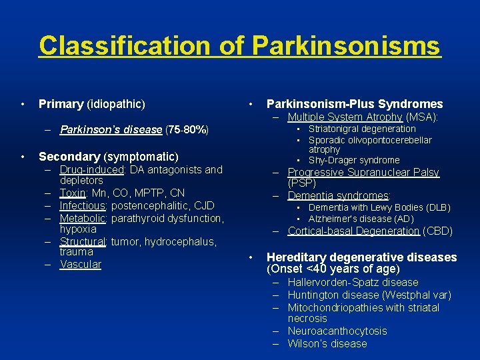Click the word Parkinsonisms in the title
coord(346,46)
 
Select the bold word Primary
coord(61,104)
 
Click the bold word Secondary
coord(69,157)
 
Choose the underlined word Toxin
coord(73,193)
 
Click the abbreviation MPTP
coord(153,193)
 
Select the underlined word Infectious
coord(83,205)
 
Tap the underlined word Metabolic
coord(83,218)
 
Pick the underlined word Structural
coord(83,242)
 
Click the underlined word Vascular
coord(80,264)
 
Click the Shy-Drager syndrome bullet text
coord(354,160)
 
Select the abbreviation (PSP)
coord(301,183)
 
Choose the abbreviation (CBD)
coord(437,231)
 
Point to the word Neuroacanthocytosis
coord(337,331)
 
